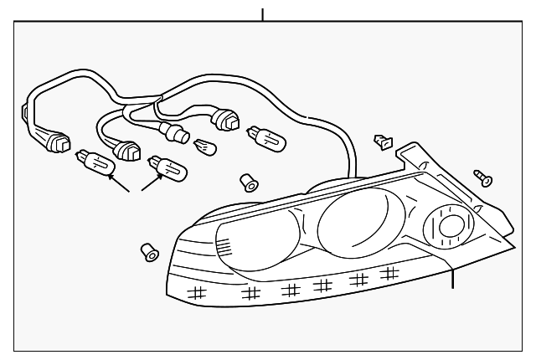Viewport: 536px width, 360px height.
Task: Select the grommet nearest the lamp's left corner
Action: (x=147, y=249)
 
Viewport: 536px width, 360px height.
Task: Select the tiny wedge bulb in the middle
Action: (x=204, y=147)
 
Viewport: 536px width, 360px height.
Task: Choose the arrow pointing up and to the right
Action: (x=150, y=182)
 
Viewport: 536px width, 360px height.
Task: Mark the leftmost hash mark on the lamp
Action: (x=198, y=292)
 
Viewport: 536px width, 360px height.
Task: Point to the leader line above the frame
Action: (x=263, y=14)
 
